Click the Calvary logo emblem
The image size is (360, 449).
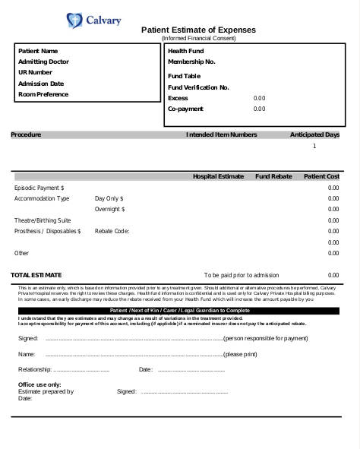tap(73, 20)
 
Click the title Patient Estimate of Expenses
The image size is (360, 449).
tap(199, 30)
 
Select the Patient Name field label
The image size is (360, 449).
tap(38, 51)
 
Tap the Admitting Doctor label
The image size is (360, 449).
tap(43, 62)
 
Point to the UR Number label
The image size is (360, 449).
tap(35, 72)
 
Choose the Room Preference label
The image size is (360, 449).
tap(43, 94)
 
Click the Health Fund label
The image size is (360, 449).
tap(185, 51)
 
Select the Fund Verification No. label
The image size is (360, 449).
tap(198, 87)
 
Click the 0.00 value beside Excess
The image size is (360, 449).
tap(259, 98)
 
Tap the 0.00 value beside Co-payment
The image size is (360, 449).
tap(259, 109)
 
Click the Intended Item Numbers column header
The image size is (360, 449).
tap(222, 134)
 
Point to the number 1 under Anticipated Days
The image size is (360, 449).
tap(314, 146)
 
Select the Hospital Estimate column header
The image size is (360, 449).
tap(218, 176)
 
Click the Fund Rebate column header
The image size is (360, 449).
tap(273, 176)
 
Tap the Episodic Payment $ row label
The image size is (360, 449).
tap(39, 187)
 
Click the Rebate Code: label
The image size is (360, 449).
tap(112, 230)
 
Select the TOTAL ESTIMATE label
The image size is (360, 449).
tap(36, 274)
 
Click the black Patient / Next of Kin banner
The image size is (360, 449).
tap(179, 311)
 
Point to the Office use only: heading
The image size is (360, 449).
tap(39, 384)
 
